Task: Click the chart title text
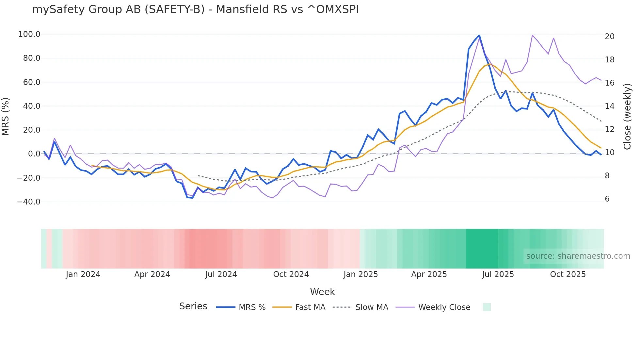[195, 10]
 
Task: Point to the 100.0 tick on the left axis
[29, 34]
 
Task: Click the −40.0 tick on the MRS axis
[29, 202]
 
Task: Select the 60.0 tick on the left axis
[31, 82]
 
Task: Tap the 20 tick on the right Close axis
[609, 37]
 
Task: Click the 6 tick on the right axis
[607, 199]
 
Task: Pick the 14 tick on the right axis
[609, 106]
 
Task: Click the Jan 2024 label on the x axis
[83, 274]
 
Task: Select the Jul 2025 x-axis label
[498, 274]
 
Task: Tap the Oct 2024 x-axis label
[291, 274]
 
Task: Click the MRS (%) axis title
[6, 117]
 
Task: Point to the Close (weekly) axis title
[627, 117]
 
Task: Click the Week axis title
[322, 292]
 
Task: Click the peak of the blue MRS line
[479, 35]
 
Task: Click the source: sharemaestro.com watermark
[578, 256]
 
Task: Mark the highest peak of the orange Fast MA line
[489, 64]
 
